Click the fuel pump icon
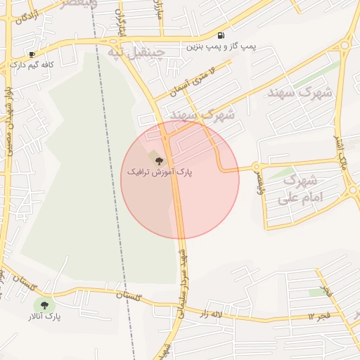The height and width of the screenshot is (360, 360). click(221, 35)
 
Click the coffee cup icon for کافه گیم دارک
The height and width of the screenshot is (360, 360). click(32, 55)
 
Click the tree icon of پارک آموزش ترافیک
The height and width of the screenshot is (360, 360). click(157, 161)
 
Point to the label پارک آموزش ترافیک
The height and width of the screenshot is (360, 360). click(159, 172)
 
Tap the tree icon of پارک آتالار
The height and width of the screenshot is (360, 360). click(44, 305)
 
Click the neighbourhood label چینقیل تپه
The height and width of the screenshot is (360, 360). click(135, 51)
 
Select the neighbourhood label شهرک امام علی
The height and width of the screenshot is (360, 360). click(299, 190)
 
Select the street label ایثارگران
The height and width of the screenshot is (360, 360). click(120, 25)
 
